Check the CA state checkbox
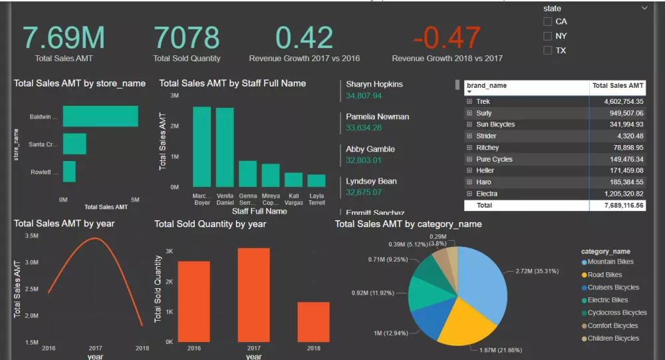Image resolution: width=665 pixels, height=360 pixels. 547,22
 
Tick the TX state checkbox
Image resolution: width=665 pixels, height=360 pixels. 547,51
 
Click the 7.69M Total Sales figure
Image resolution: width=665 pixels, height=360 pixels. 64,38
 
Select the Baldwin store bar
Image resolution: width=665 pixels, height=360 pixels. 100,116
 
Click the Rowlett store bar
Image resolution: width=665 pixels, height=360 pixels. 69,172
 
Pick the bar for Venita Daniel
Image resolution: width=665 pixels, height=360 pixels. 225,147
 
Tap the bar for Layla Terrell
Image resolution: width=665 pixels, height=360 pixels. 317,180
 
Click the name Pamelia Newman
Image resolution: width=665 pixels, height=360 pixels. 378,116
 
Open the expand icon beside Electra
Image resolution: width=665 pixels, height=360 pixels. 469,194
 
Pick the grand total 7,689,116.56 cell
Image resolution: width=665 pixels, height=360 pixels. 619,206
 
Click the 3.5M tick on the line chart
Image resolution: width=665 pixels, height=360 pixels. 31,236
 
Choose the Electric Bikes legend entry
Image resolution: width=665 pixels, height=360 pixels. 608,300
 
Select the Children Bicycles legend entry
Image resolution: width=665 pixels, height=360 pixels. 612,338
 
